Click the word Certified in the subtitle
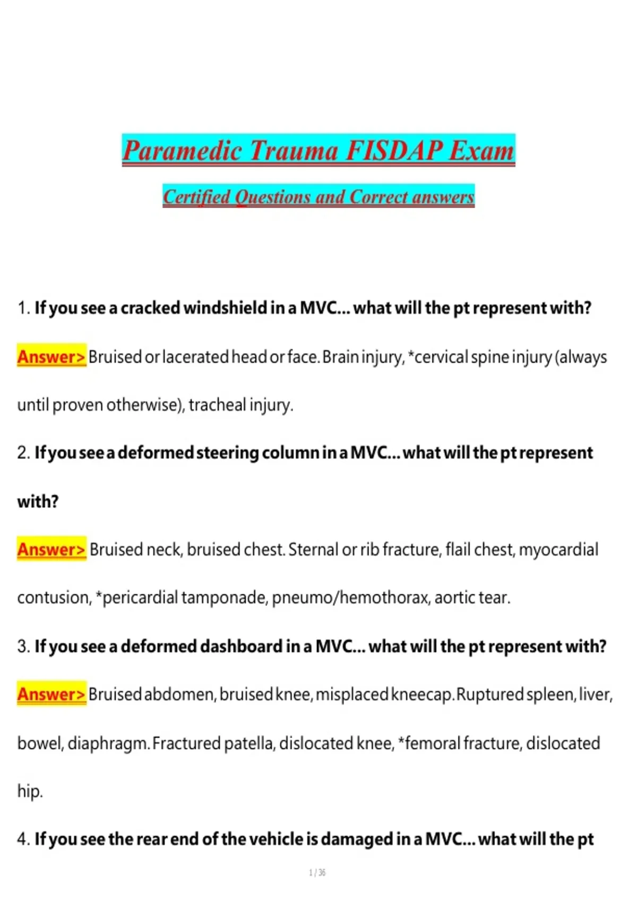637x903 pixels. (x=197, y=197)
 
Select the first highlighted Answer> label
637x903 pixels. (x=51, y=356)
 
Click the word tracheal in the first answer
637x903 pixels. (x=218, y=405)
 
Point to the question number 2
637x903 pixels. (x=23, y=453)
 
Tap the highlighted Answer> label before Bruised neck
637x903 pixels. (x=51, y=549)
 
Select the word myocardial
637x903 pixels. (x=558, y=549)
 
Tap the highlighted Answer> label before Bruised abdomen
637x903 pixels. (x=51, y=694)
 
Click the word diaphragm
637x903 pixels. (x=108, y=743)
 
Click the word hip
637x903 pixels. (x=29, y=791)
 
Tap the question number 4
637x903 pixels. (x=23, y=839)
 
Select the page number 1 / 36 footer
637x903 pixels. (x=317, y=873)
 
